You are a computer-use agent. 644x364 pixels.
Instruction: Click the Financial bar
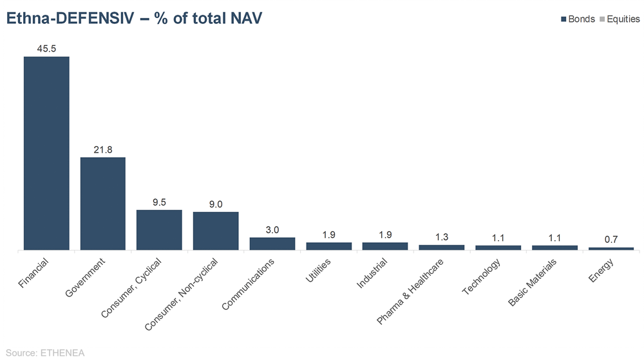coord(46,153)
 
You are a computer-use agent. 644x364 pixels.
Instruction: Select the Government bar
coord(102,203)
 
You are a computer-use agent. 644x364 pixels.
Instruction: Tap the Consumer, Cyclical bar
coord(159,229)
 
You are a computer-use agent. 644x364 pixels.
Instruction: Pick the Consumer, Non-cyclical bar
coord(216,231)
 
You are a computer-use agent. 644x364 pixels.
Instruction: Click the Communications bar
coord(272,244)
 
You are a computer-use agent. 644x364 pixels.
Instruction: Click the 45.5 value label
coord(46,48)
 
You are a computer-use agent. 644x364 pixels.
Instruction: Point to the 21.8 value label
coord(102,149)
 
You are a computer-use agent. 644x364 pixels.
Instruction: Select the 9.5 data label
coord(159,202)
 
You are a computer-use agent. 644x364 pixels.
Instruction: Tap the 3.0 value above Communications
coord(272,229)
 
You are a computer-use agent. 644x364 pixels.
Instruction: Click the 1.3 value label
coord(442,237)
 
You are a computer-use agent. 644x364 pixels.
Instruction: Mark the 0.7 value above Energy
coord(611,239)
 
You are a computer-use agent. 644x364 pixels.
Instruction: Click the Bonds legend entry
coord(578,19)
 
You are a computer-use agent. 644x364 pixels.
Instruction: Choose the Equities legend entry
coord(620,19)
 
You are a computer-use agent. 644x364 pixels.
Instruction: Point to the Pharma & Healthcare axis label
coord(410,291)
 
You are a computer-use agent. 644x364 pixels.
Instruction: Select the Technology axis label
coord(480,277)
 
